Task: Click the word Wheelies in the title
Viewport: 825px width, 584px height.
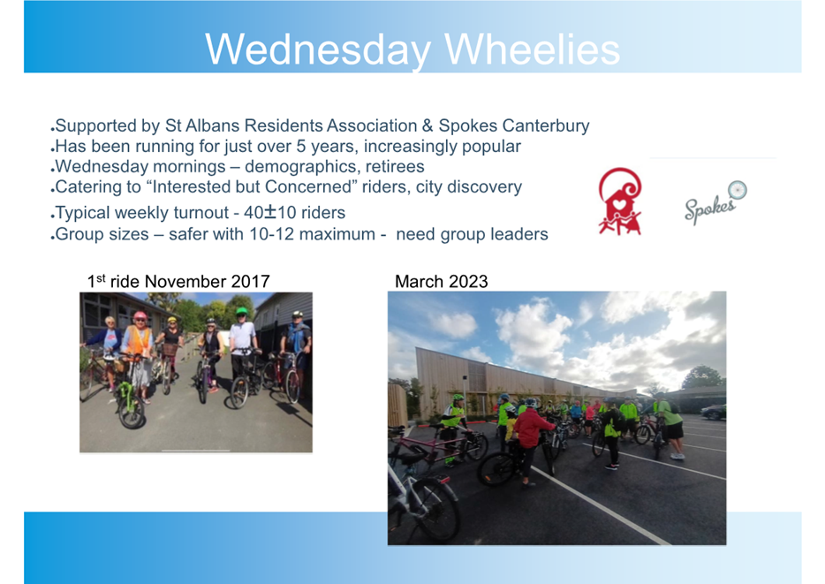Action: point(533,49)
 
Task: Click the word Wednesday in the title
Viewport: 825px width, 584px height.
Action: point(318,50)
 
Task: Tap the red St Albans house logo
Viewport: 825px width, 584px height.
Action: point(620,201)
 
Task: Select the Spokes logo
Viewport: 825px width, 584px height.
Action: point(715,202)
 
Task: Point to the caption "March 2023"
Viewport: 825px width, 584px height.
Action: point(442,282)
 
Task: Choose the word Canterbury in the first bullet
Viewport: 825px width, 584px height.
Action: point(546,125)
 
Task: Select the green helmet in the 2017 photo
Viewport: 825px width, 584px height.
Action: point(241,312)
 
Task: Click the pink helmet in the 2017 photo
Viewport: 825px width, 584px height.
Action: point(140,315)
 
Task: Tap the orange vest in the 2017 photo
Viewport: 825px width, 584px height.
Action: point(138,341)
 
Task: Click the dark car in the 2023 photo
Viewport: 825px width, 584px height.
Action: point(714,412)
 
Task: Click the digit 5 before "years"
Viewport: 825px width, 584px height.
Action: point(301,147)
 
